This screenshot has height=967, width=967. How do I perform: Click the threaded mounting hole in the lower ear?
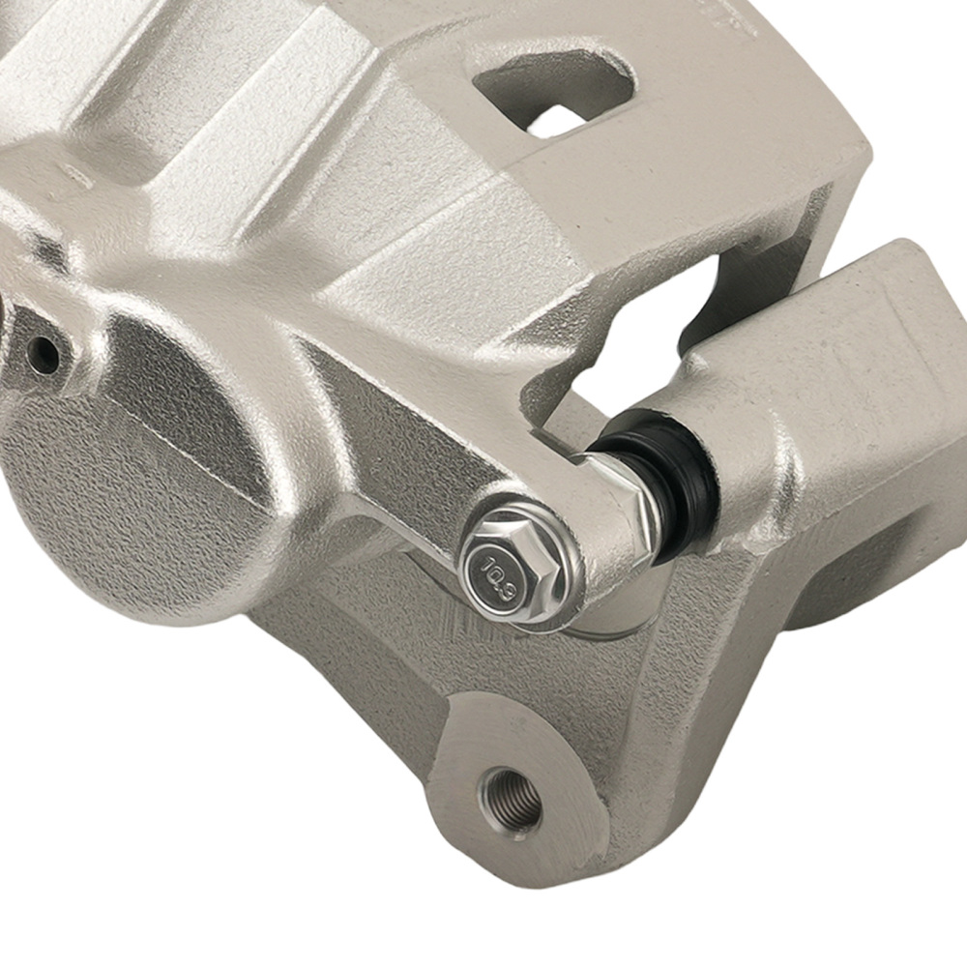(511, 801)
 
